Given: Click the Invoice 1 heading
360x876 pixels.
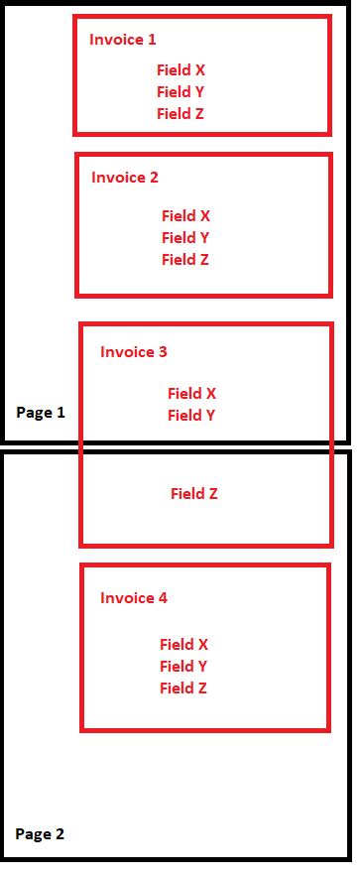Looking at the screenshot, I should point(123,40).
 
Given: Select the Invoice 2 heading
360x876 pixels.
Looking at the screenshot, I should point(125,178).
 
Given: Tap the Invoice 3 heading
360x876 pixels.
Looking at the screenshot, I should point(134,352).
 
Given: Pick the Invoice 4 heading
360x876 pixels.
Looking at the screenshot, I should point(134,598).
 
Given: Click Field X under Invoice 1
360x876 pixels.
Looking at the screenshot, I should point(180,70).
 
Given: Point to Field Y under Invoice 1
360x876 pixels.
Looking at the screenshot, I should point(180,92).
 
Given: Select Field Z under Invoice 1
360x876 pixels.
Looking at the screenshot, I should point(180,114).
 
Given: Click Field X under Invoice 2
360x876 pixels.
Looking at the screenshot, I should point(185,216).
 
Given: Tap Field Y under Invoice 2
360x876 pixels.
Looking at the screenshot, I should point(185,238).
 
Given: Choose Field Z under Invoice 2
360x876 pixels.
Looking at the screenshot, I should point(185,260).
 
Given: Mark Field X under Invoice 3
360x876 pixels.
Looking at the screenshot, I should point(191,394).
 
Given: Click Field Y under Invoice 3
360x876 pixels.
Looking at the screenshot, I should point(191,416).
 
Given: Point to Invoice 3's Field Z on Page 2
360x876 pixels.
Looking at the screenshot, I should point(194,493).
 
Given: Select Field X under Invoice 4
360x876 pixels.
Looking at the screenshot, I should point(183,645).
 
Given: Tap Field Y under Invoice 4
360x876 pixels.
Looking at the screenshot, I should point(183,667).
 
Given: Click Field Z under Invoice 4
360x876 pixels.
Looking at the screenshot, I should point(183,688).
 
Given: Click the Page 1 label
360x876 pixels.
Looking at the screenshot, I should point(41,413).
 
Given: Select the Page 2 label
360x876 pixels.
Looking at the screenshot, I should point(40,834).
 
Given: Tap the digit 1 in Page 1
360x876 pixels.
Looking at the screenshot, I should point(60,413).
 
